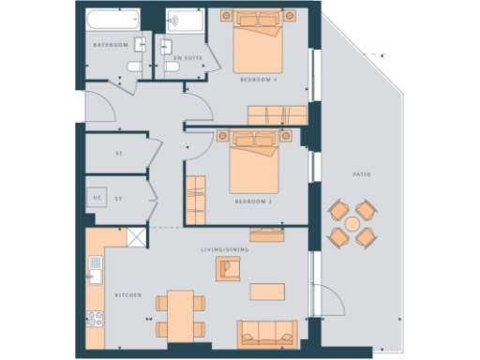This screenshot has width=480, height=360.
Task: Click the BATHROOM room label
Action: pyautogui.click(x=111, y=45)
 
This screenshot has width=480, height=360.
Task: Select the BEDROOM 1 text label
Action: pyautogui.click(x=259, y=80)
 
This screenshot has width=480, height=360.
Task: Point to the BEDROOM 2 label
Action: pyautogui.click(x=252, y=202)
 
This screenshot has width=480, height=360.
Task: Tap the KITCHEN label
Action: pyautogui.click(x=127, y=295)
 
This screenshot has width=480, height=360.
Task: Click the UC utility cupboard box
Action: pyautogui.click(x=97, y=198)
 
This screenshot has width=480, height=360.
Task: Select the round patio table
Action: pyautogui.click(x=352, y=224)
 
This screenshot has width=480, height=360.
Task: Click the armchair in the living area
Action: pyautogui.click(x=228, y=270)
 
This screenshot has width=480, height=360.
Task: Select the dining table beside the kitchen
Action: pyautogui.click(x=181, y=313)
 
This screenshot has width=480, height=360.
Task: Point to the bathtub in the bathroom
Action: pyautogui.click(x=112, y=20)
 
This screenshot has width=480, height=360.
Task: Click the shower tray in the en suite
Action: pyautogui.click(x=182, y=20)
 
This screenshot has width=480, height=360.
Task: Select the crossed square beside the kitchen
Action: pyautogui.click(x=137, y=238)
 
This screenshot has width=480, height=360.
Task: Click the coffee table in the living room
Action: pyautogui.click(x=267, y=292)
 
